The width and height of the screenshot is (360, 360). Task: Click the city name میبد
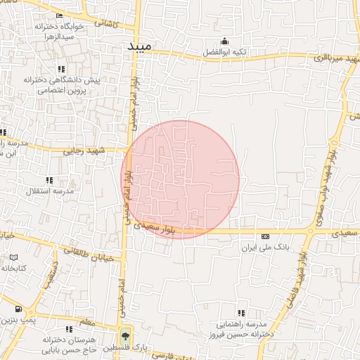click(x=139, y=46)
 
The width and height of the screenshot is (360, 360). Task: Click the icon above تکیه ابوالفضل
click(x=224, y=40)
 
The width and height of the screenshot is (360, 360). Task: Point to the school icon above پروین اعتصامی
click(x=62, y=69)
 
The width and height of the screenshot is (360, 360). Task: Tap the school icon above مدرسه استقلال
click(x=49, y=180)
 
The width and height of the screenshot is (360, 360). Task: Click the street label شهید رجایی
click(x=102, y=150)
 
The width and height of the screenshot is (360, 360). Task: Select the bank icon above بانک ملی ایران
click(x=265, y=237)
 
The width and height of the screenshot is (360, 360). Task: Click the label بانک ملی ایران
click(x=265, y=248)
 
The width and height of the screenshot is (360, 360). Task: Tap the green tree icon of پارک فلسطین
click(x=126, y=334)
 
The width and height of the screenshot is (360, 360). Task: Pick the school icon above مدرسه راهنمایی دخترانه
click(x=242, y=313)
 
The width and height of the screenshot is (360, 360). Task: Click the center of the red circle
click(x=180, y=179)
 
